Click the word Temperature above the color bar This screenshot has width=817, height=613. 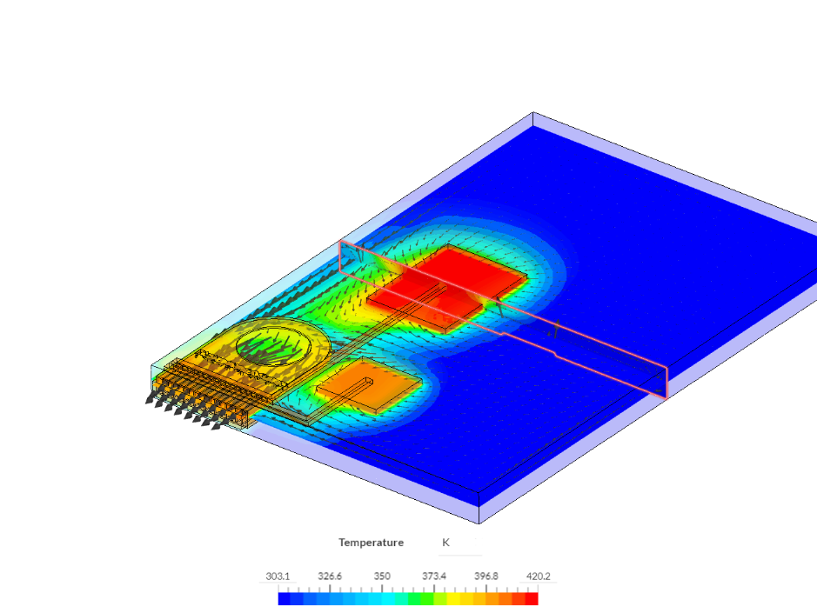click(x=371, y=543)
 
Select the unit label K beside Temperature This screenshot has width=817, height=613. click(x=445, y=543)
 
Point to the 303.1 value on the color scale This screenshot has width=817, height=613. click(x=278, y=576)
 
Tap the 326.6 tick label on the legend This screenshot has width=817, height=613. click(x=330, y=576)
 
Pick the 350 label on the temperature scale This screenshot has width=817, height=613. click(x=382, y=576)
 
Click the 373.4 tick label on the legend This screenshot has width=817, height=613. click(x=434, y=576)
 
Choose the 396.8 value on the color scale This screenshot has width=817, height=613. click(x=486, y=576)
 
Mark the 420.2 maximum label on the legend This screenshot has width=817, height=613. click(x=537, y=576)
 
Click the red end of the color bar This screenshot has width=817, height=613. click(x=532, y=598)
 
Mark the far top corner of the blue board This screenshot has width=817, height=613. click(x=532, y=114)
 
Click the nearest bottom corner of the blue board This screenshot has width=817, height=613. click(x=479, y=522)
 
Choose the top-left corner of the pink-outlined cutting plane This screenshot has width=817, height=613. click(x=340, y=242)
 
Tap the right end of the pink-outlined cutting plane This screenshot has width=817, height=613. click(x=666, y=383)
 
